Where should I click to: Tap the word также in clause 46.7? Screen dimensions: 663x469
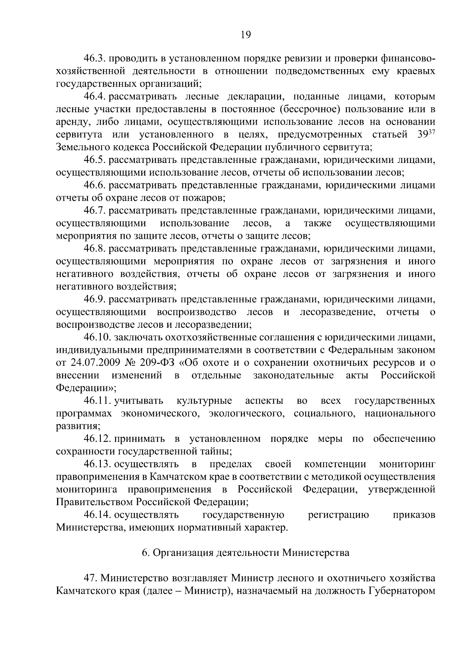317,223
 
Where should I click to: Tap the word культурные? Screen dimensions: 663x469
204,401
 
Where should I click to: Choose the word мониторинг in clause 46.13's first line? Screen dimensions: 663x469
407,464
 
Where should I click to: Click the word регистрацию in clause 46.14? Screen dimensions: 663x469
338,515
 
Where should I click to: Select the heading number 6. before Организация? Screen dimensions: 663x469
145,553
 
